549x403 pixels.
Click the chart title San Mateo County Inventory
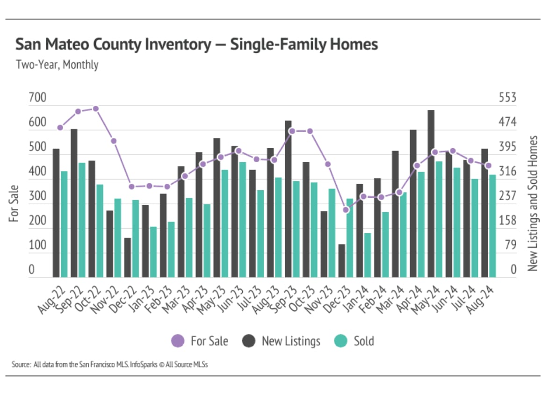coord(196,45)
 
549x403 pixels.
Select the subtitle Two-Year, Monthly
coord(57,65)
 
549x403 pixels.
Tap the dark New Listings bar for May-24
coord(431,194)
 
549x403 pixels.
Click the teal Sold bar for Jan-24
coord(368,255)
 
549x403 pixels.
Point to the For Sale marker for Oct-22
coord(96,108)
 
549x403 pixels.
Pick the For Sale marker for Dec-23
coord(346,210)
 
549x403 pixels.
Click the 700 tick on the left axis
coord(37,98)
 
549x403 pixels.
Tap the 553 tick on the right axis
coord(507,98)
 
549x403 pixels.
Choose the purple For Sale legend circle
coord(178,341)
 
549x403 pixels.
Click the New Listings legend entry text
coord(291,341)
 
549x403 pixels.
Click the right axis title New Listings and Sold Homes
coord(533,203)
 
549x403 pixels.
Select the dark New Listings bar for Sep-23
coord(288,199)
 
